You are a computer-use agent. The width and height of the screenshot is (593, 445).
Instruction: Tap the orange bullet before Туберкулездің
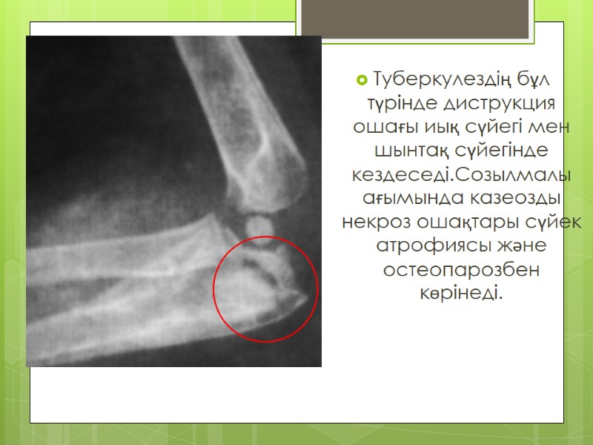tap(362, 78)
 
